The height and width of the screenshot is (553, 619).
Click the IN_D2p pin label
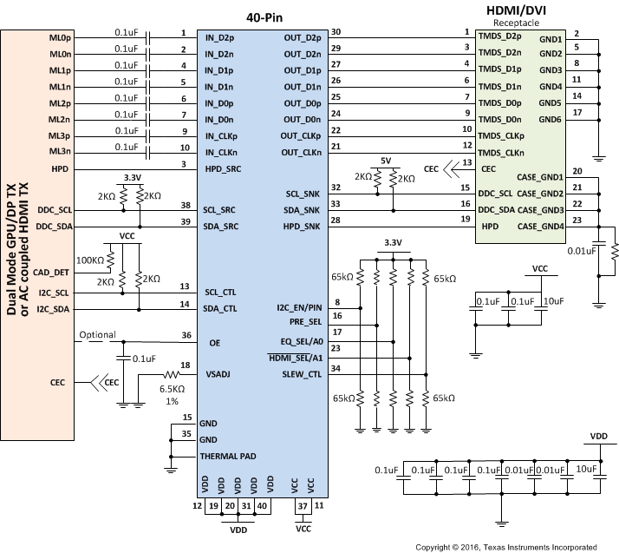(x=220, y=38)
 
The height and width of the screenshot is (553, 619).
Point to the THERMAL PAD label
(x=231, y=457)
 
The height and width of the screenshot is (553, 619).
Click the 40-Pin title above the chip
(x=262, y=15)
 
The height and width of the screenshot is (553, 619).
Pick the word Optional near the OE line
(x=97, y=335)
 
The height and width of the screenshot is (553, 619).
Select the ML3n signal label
(x=60, y=153)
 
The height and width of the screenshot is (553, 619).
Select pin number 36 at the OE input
(x=186, y=335)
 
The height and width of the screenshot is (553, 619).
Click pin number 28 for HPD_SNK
(x=335, y=221)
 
